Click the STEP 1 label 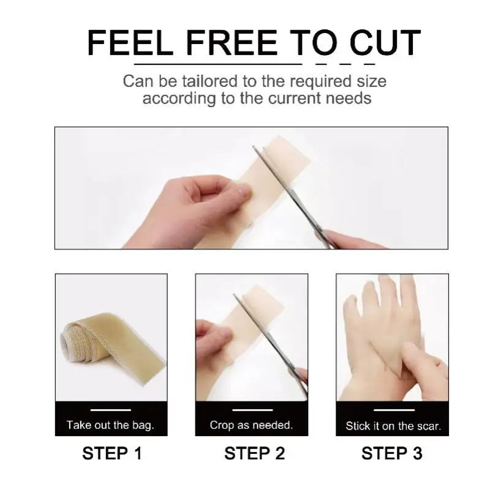point(111,453)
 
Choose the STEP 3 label point(392,453)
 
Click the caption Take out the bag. point(110,424)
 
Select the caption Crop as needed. point(251,424)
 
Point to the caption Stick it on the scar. point(393,426)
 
